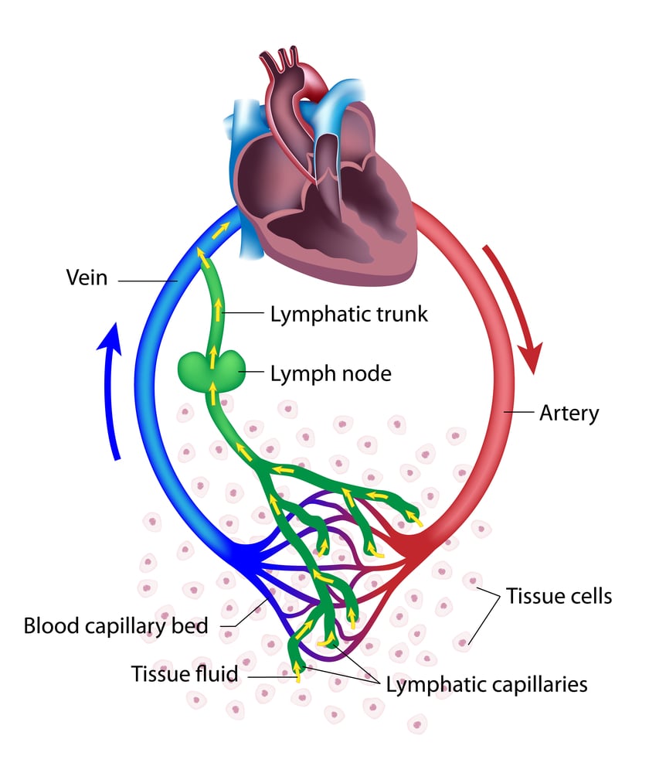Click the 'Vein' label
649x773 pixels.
tap(86, 277)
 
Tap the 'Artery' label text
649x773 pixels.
tap(569, 413)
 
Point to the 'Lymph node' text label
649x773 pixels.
tap(331, 374)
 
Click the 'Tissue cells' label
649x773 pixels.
tap(559, 596)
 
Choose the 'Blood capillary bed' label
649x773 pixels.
tap(116, 625)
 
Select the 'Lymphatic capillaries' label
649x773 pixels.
tap(487, 684)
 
